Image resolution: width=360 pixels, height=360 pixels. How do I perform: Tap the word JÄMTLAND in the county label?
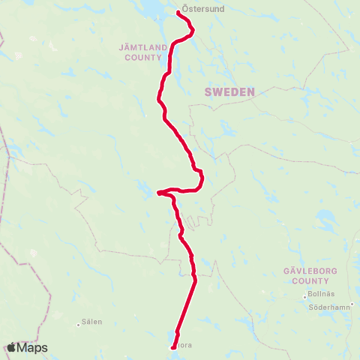(140, 46)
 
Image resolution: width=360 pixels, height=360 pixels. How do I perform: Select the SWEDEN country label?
(229, 91)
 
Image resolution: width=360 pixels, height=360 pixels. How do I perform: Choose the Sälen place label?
(92, 322)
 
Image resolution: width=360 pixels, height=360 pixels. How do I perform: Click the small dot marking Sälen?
(79, 325)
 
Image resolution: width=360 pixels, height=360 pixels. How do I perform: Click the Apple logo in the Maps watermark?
(12, 348)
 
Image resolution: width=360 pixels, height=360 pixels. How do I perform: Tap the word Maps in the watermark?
(33, 348)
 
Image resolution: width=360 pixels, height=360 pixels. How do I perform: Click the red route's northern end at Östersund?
(178, 12)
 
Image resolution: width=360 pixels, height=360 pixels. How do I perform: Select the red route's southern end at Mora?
(173, 346)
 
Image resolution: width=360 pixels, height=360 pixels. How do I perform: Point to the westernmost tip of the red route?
(159, 193)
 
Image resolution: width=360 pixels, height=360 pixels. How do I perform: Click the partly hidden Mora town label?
(183, 346)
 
